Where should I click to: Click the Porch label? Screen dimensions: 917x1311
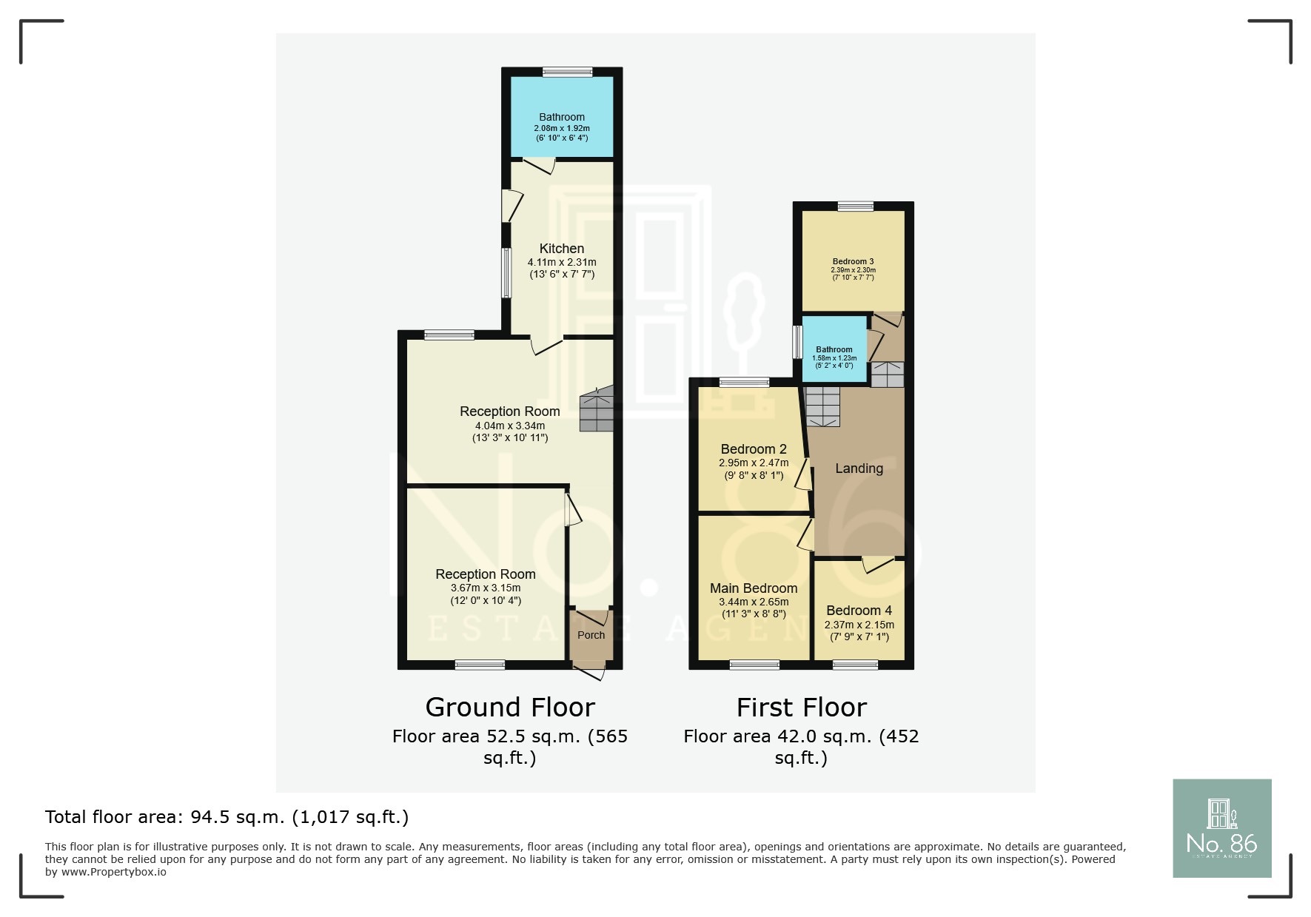591,635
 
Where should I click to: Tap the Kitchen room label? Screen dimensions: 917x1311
562,249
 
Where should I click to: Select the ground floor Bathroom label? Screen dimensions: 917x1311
562,117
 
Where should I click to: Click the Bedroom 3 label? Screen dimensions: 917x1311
853,261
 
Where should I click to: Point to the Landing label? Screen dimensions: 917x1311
859,468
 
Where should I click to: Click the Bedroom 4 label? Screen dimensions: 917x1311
859,611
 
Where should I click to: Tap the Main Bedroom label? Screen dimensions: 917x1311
754,588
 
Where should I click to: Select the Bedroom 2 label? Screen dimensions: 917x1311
754,449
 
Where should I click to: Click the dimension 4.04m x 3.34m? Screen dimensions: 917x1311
510,426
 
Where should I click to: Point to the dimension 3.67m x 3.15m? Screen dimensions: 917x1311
486,588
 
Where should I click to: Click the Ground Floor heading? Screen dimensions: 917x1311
510,708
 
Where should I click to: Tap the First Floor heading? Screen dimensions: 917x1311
801,708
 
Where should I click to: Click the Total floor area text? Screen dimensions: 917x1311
227,817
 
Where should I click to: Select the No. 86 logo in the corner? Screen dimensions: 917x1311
1221,828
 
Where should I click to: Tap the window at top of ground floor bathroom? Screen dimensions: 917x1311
567,72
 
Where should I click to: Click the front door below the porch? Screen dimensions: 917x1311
591,672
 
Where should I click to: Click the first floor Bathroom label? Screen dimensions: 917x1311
834,349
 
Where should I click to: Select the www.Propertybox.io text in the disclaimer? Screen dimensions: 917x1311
114,872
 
